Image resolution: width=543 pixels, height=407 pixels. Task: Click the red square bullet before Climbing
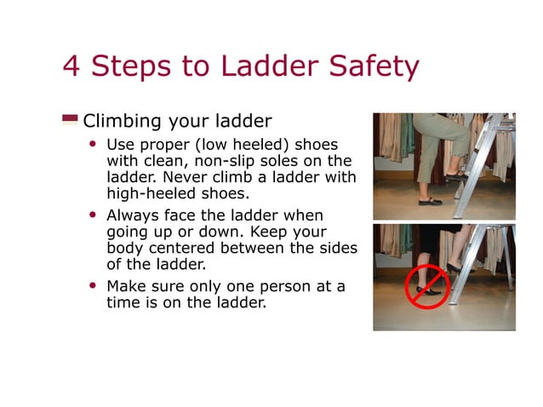[70, 119]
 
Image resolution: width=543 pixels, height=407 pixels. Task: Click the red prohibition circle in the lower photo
[426, 286]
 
